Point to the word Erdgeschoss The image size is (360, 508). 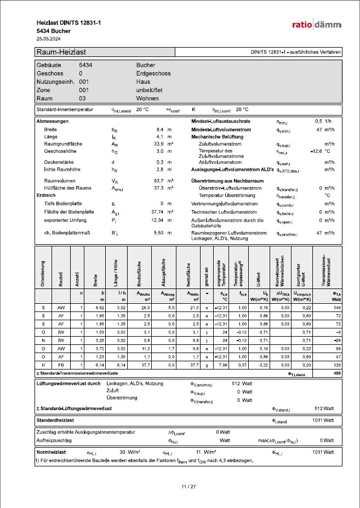point(153,73)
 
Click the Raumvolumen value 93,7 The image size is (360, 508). point(158,180)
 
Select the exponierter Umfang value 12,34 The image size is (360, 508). point(158,220)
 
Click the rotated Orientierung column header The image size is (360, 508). point(42,272)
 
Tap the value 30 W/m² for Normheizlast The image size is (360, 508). point(130,452)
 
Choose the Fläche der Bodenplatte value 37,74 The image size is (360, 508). point(157,211)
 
